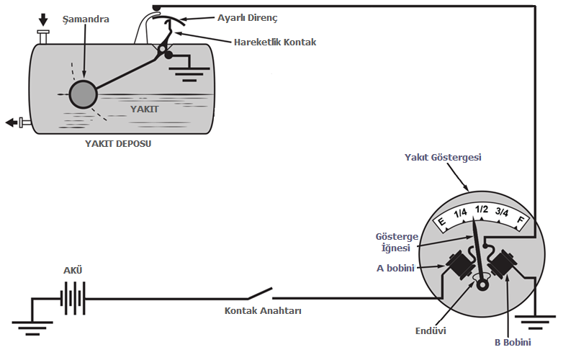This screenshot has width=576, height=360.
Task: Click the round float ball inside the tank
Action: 84,94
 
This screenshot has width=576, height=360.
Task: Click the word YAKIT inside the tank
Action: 143,108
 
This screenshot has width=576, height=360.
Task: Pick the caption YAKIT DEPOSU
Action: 118,143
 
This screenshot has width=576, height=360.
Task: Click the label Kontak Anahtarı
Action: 263,312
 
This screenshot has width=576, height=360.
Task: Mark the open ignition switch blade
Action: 260,293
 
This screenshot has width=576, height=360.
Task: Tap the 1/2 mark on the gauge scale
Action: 481,210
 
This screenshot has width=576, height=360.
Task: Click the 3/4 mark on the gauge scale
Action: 501,213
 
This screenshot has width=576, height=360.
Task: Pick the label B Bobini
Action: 513,342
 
